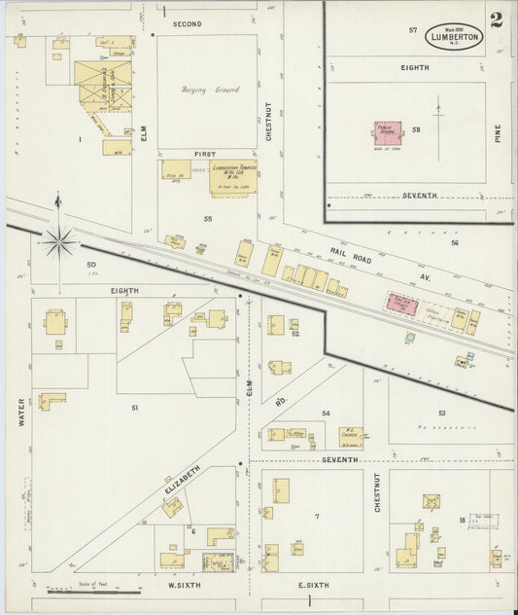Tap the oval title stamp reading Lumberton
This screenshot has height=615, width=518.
pos(454,36)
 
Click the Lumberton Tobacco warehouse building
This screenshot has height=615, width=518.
pos(232,176)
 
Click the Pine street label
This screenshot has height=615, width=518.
pos(498,134)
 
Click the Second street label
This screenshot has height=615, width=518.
pos(187,22)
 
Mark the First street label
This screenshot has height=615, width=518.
pos(203,154)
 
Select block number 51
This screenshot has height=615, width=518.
pos(135,407)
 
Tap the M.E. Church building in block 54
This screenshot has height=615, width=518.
pos(350,436)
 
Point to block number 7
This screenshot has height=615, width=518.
pos(316,515)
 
